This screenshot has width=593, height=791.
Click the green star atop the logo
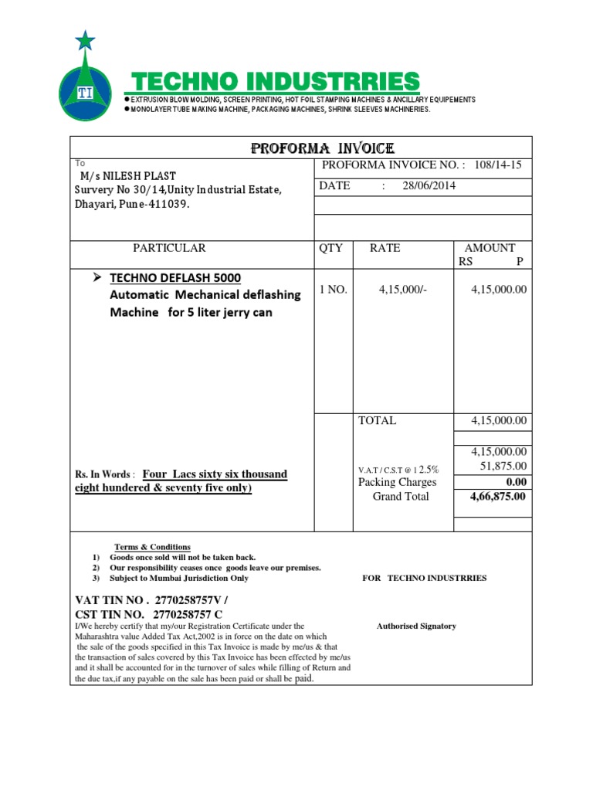[x=86, y=39]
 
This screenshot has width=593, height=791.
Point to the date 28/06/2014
[x=429, y=186]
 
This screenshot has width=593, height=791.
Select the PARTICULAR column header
[x=169, y=248]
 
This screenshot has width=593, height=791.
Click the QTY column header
[x=330, y=248]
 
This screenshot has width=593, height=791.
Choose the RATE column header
[x=385, y=248]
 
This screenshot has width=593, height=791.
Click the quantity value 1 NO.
[x=334, y=290]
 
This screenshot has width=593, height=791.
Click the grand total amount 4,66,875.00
[x=498, y=497]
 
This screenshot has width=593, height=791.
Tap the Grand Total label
[x=401, y=497]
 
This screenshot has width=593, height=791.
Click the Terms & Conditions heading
[x=152, y=547]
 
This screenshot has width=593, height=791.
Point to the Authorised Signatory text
[x=416, y=626]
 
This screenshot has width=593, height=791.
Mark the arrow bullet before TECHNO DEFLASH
[x=97, y=277]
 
